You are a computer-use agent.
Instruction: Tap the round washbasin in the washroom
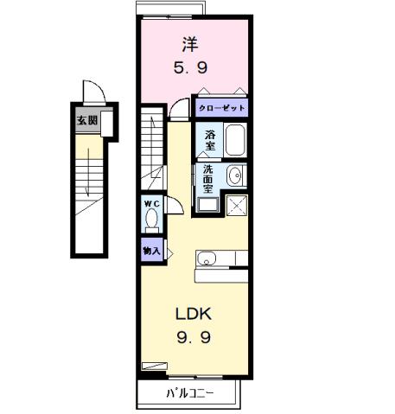click(x=235, y=176)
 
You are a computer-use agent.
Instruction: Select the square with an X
click(x=236, y=206)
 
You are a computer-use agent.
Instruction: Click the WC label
click(x=152, y=204)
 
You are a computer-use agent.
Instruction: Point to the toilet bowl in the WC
click(x=152, y=220)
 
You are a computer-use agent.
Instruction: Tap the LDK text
click(x=194, y=313)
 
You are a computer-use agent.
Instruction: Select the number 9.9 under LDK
click(x=194, y=338)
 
